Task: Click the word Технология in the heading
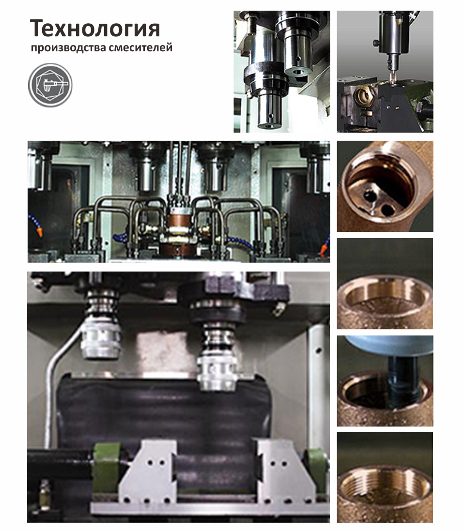95,29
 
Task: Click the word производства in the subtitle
68,47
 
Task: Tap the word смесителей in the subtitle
140,47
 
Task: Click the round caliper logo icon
50,85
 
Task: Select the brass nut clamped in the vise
362,95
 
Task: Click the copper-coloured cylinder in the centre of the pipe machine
179,219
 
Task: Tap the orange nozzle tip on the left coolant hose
40,232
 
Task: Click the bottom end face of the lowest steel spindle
269,126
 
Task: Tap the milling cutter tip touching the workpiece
392,78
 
